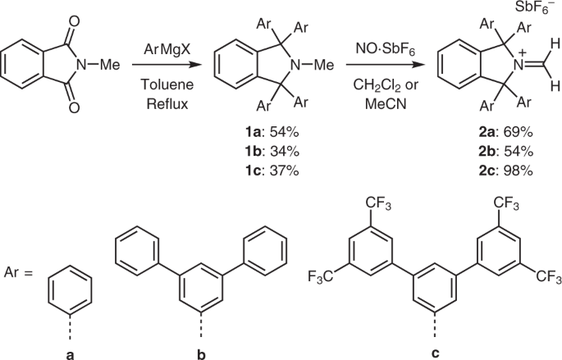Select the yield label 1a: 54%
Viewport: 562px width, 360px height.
pos(262,132)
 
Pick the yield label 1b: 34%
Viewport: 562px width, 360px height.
pos(262,151)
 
